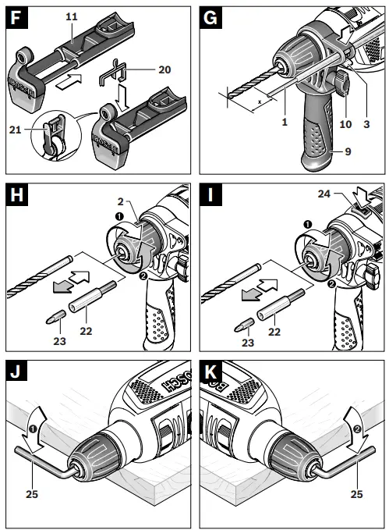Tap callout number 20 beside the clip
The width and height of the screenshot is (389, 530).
click(164, 69)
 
